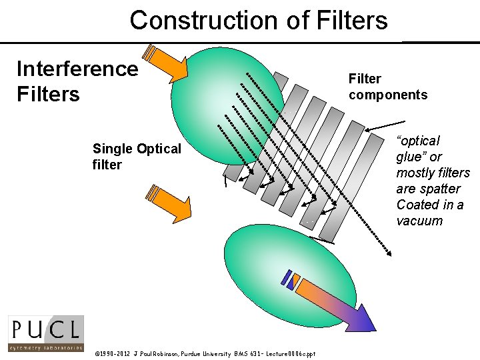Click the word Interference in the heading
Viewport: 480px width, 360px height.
[77, 69]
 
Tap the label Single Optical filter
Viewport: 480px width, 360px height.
[137, 157]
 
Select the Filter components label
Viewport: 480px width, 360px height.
[387, 87]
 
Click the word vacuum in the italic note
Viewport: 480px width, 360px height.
[419, 221]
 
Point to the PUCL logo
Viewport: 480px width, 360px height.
[46, 333]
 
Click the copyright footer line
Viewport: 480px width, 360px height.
[205, 353]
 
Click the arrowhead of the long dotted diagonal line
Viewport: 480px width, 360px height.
[387, 251]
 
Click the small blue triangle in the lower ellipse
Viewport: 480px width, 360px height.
[291, 283]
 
